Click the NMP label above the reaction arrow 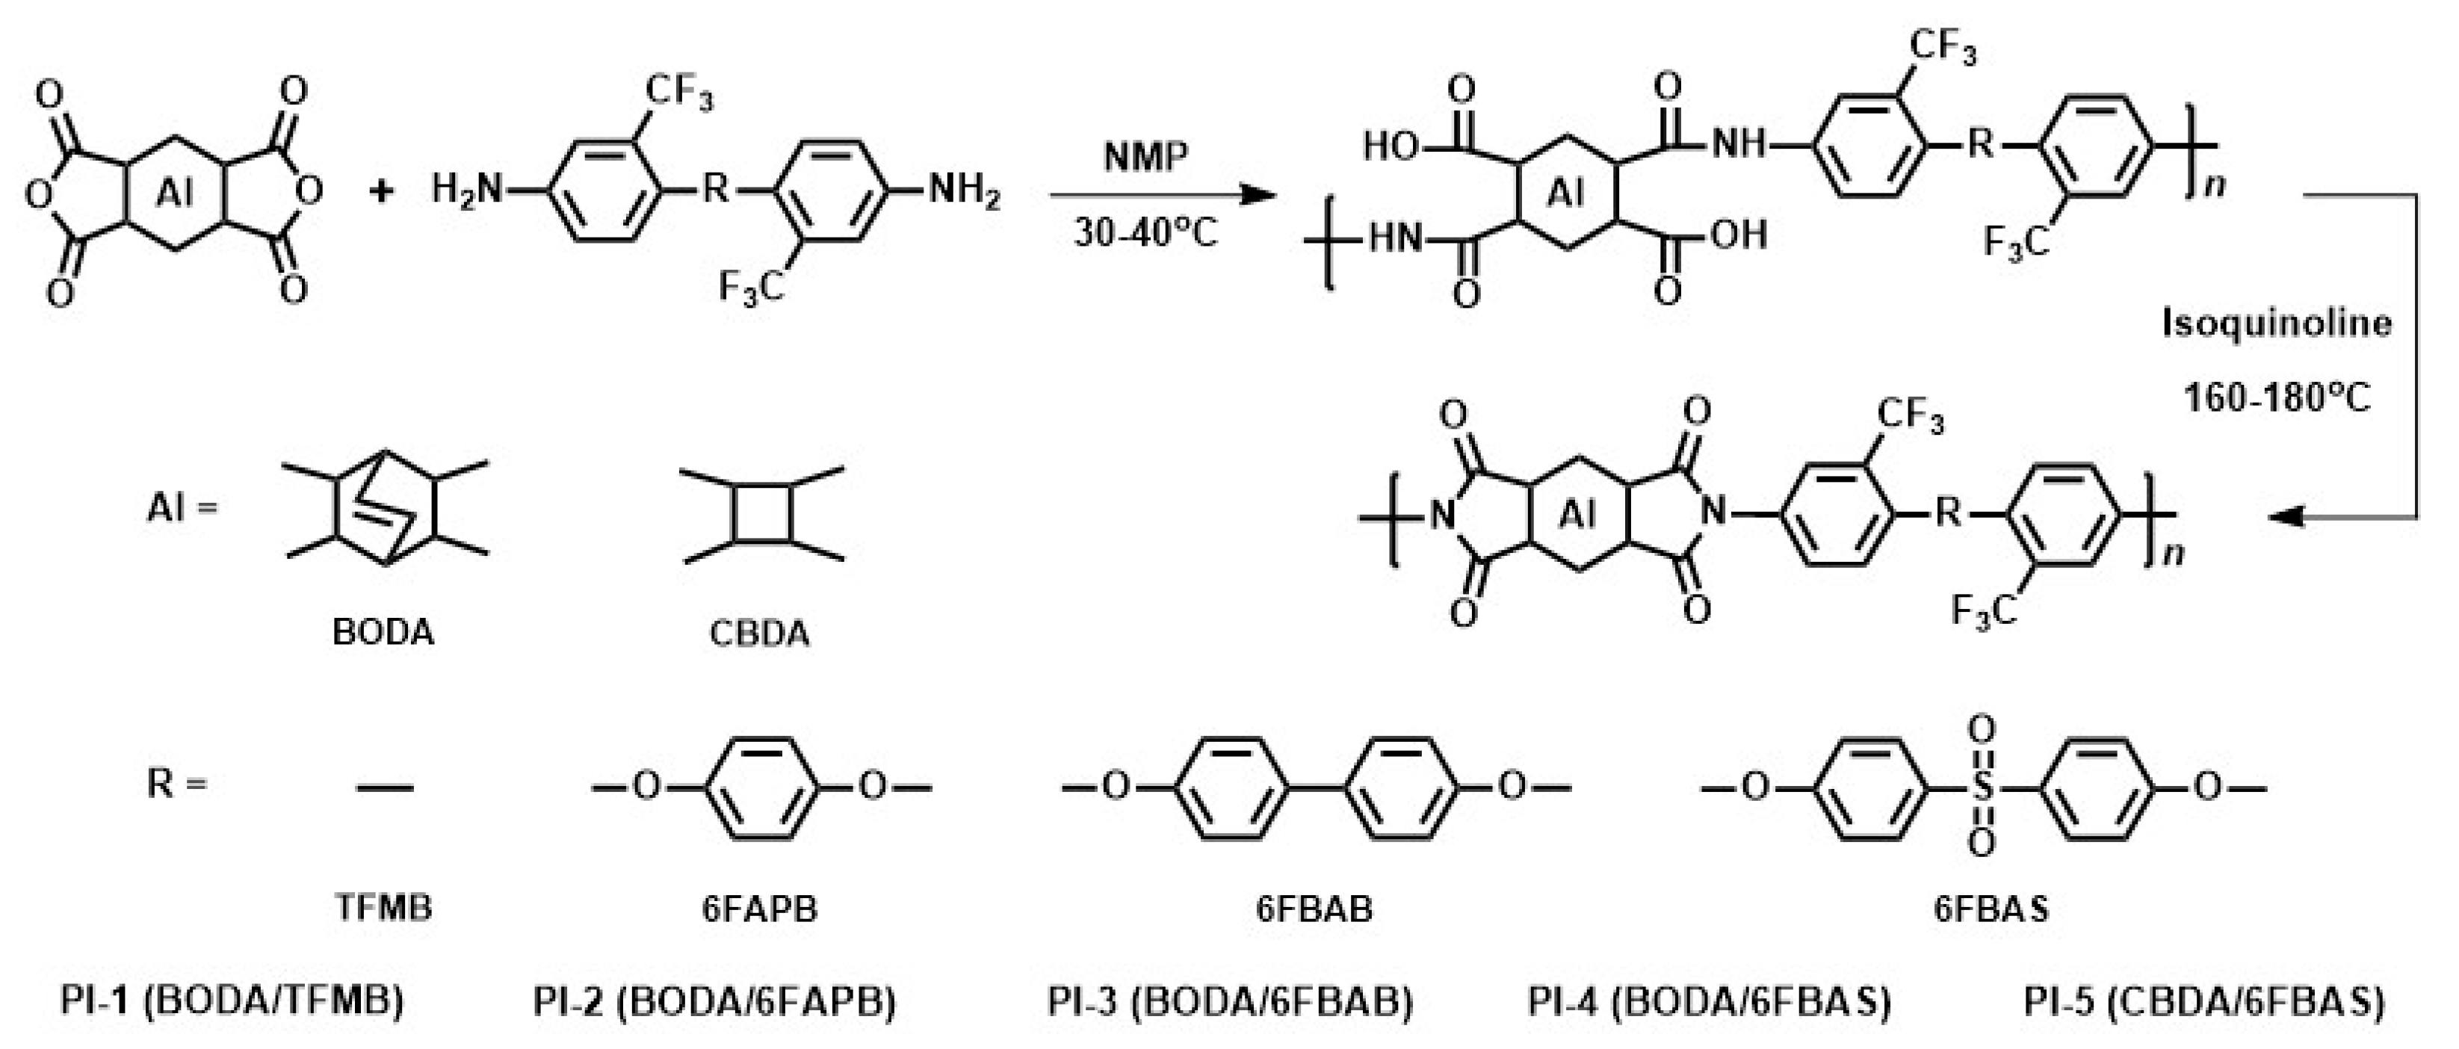coord(1145,155)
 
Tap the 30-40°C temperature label coord(1145,232)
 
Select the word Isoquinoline coord(2277,324)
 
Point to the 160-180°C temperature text coord(2277,397)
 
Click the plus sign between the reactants coord(381,191)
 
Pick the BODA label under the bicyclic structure coord(383,632)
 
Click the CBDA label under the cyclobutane coord(759,633)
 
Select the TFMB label coord(383,907)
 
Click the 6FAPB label coord(760,909)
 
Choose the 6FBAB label coord(1314,909)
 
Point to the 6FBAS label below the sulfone coord(1991,909)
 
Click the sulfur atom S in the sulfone coord(1982,787)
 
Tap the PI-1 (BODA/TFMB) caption coord(232,1001)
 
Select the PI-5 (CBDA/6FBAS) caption coord(2203,1001)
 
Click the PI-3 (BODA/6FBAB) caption coord(1230,1001)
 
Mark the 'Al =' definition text coord(182,508)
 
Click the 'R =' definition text coord(176,785)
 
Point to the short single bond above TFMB coord(385,787)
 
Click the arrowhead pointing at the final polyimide coord(2286,517)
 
